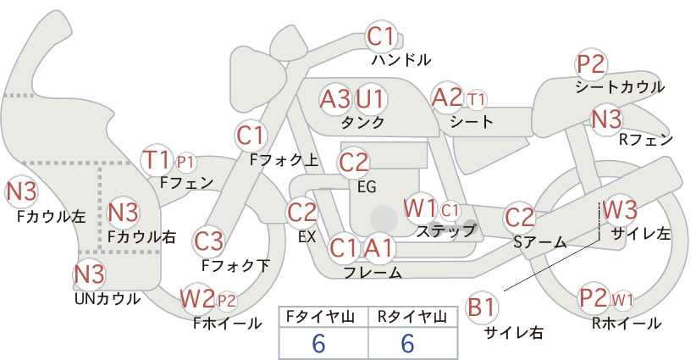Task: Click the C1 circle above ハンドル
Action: point(381,36)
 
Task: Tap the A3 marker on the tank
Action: point(335,99)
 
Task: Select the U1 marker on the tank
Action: point(370,99)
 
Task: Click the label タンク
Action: point(362,123)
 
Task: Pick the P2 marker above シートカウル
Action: point(591,65)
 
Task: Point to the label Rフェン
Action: point(646,141)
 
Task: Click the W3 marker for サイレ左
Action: point(620,209)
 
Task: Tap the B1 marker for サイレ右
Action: point(482,307)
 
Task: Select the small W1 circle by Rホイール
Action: point(622,301)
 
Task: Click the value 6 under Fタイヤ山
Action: point(318,343)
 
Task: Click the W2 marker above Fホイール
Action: point(197,298)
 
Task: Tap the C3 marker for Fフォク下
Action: point(209,241)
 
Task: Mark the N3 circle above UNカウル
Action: point(89,274)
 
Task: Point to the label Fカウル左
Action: point(51,217)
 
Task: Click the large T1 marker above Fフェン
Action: point(157,160)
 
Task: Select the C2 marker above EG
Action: point(353,163)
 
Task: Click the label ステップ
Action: point(445,231)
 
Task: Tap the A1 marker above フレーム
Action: point(378,247)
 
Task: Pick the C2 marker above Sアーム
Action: point(520,218)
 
